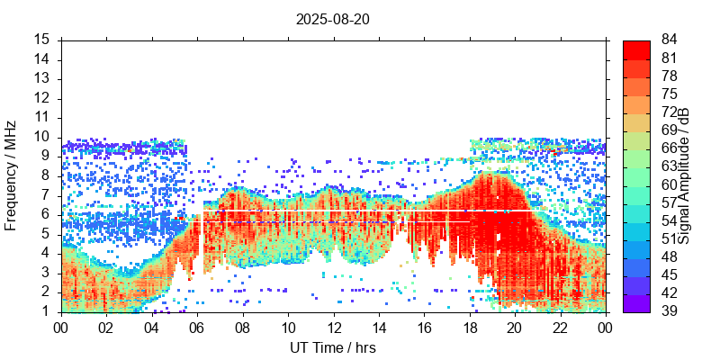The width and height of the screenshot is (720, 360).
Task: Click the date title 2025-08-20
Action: point(332,19)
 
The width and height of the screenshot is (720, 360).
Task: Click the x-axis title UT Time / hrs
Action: point(332,347)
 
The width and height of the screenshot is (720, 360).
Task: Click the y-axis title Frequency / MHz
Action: point(12,176)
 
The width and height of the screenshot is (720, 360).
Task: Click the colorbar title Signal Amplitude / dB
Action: point(684,176)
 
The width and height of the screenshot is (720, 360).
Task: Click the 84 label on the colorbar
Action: point(670,40)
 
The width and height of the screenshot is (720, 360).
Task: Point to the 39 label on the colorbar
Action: point(670,311)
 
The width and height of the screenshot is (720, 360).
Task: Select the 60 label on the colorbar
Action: point(670,184)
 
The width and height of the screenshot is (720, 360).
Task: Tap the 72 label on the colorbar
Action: point(670,112)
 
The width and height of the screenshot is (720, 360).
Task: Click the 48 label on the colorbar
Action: point(670,257)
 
